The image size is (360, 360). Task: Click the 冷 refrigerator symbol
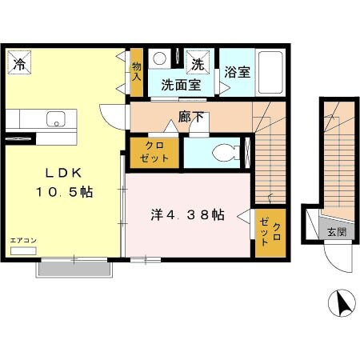pyautogui.click(x=19, y=62)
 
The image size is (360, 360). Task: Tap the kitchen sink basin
pyautogui.click(x=56, y=119)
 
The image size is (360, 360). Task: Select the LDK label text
pyautogui.click(x=63, y=174)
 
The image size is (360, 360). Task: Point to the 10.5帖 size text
pyautogui.click(x=64, y=192)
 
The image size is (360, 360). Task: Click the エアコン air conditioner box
pyautogui.click(x=23, y=251)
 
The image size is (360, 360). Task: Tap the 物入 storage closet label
pyautogui.click(x=137, y=72)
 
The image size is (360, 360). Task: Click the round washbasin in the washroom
pyautogui.click(x=160, y=58)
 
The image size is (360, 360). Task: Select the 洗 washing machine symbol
pyautogui.click(x=198, y=62)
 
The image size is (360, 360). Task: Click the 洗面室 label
pyautogui.click(x=181, y=85)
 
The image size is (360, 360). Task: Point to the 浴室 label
pyautogui.click(x=237, y=72)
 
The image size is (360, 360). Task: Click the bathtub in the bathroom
pyautogui.click(x=270, y=72)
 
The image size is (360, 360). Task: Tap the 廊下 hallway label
pyautogui.click(x=191, y=117)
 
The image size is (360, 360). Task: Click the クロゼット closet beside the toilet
pyautogui.click(x=154, y=153)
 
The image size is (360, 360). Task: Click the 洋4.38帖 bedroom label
pyautogui.click(x=188, y=214)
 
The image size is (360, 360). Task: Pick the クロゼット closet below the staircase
pyautogui.click(x=270, y=233)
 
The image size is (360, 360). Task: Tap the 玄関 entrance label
pyautogui.click(x=337, y=232)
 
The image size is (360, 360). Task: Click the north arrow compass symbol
pyautogui.click(x=342, y=303)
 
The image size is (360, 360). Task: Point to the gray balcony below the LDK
pyautogui.click(x=74, y=269)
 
